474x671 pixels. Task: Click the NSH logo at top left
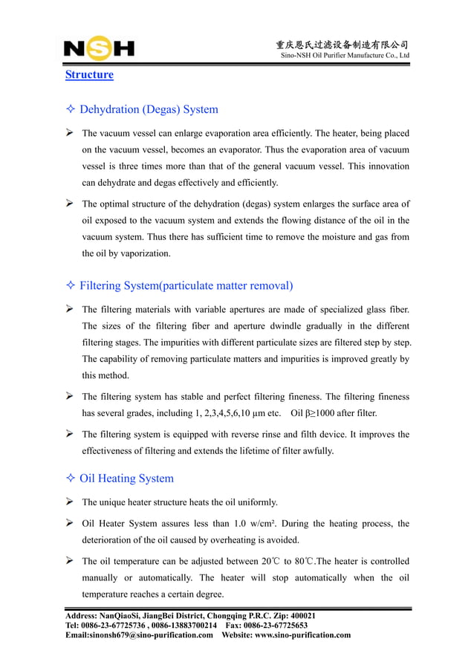[x=99, y=50]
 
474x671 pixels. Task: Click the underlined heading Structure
[x=89, y=75]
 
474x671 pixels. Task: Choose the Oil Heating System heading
[x=126, y=479]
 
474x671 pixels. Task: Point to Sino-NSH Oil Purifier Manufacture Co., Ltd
[x=344, y=56]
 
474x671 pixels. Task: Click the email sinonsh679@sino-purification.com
[x=140, y=635]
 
